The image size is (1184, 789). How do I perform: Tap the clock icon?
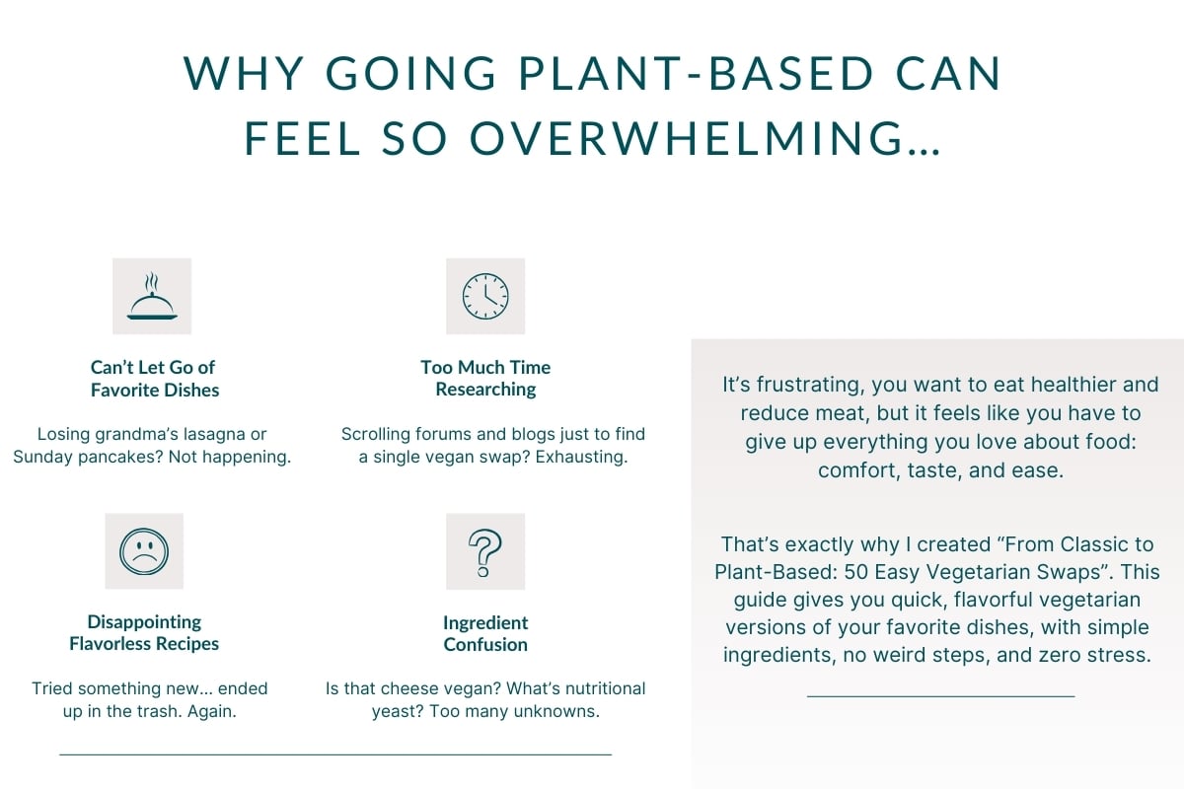(485, 296)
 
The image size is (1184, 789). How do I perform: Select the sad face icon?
(144, 551)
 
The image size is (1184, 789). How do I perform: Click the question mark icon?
(484, 552)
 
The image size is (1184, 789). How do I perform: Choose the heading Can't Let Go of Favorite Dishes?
(153, 379)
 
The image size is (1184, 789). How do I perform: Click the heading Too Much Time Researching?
(485, 378)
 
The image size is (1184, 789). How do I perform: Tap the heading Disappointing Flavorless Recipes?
(144, 632)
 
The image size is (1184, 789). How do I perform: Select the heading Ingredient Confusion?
(485, 633)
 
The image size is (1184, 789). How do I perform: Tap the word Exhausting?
(581, 457)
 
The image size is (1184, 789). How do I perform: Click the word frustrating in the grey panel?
(810, 386)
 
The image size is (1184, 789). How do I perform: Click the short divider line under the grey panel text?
(941, 696)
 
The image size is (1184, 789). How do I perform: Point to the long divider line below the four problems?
(335, 754)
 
